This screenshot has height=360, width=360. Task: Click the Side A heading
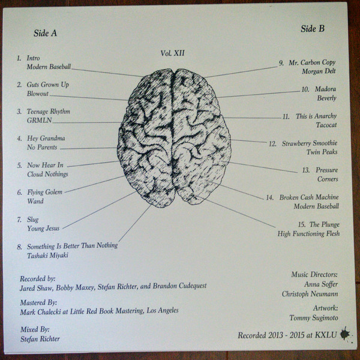click(x=46, y=34)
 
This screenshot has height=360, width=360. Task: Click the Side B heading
click(x=313, y=29)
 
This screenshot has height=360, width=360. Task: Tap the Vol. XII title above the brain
click(x=173, y=53)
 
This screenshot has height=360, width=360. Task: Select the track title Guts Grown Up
click(x=48, y=85)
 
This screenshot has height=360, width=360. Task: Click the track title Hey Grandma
click(x=46, y=138)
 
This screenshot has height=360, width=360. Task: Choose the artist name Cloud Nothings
click(x=47, y=174)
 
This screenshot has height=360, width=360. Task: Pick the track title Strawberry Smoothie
click(x=309, y=143)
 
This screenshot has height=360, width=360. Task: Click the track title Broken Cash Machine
click(x=310, y=197)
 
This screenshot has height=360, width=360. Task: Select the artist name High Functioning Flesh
click(x=308, y=233)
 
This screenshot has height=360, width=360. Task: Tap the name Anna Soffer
click(x=320, y=284)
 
